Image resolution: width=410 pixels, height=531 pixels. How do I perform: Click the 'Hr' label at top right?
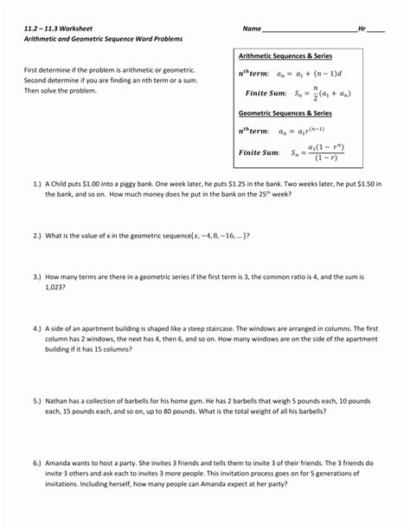[362, 29]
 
